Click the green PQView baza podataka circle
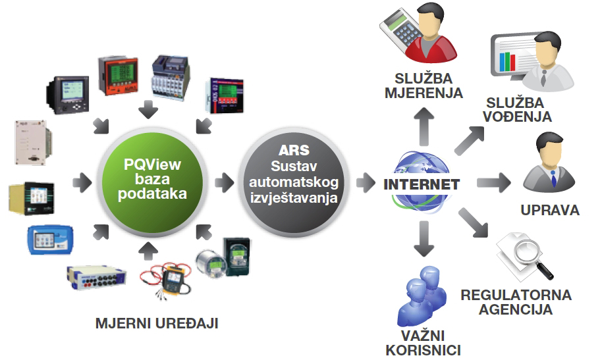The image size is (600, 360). (152, 179)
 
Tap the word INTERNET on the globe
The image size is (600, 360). (422, 184)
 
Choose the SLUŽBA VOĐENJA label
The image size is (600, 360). (518, 110)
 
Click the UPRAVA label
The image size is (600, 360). (550, 211)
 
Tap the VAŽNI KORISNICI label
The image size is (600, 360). (423, 343)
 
